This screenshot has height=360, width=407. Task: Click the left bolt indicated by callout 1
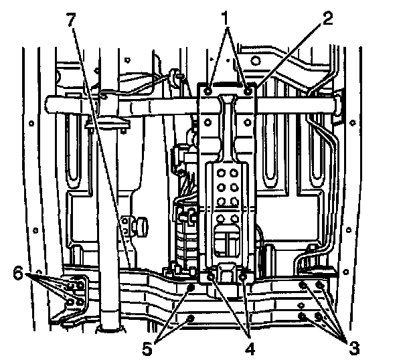point(210,89)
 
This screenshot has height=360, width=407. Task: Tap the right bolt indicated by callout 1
point(248,89)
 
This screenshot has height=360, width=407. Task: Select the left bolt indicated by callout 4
point(212,275)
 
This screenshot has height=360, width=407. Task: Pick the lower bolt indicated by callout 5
point(191,317)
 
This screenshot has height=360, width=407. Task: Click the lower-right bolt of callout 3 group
point(321,317)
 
